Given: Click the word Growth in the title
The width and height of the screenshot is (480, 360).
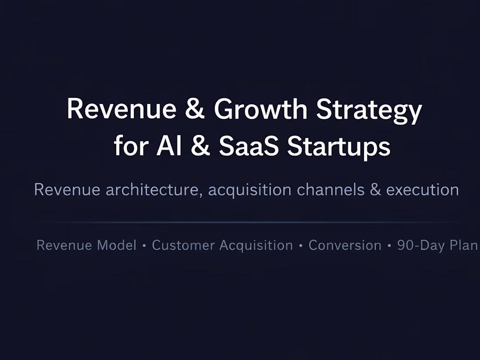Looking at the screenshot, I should [261, 110].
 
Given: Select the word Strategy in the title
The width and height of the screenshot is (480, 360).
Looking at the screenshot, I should [369, 110].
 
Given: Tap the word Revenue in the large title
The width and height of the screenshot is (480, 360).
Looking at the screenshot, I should [122, 110].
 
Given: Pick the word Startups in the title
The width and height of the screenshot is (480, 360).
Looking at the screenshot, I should [339, 147].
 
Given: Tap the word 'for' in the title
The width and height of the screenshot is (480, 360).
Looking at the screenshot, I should [131, 146].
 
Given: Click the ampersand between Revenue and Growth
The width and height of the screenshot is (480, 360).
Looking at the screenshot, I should [195, 110].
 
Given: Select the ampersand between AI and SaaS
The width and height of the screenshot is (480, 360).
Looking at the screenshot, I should [200, 146].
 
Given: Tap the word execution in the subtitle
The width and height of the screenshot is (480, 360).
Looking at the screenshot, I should [422, 190].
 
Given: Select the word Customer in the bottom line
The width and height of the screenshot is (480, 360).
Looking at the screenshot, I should [183, 245].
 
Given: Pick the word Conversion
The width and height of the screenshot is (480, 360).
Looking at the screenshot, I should [345, 245].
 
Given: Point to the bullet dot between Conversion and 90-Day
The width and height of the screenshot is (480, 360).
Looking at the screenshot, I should [389, 246].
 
